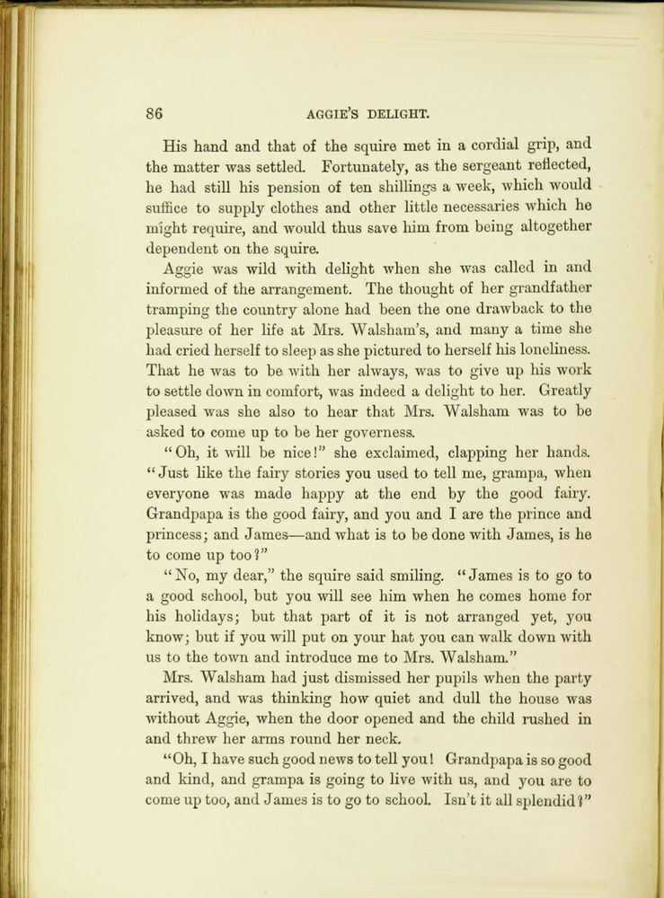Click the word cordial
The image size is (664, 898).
tap(475, 144)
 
